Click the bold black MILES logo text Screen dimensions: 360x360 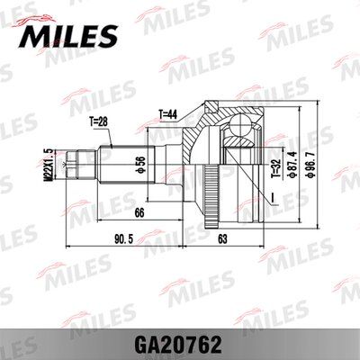tap(68, 36)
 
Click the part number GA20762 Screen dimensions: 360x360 tap(180, 345)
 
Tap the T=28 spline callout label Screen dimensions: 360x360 tap(98, 121)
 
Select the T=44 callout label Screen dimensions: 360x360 tap(168, 114)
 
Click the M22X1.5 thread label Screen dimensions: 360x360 tap(49, 165)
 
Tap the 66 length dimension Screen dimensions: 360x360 tap(139, 212)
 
